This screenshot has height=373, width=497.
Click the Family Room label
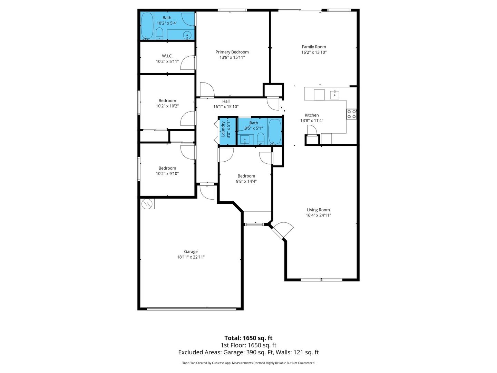point(314,47)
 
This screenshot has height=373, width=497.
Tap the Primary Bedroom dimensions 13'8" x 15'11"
point(232,58)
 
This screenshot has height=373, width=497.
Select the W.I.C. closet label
point(167,56)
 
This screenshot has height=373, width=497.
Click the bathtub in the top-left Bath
point(147,26)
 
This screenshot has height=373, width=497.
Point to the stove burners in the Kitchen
point(351,114)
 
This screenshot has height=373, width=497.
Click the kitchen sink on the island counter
point(334,95)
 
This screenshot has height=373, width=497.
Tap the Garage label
point(191,252)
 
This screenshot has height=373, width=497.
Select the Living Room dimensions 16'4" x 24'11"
point(318,215)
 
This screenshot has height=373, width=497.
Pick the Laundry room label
point(223,129)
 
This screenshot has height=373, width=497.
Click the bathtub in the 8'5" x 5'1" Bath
point(275,131)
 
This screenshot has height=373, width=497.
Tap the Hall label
point(226,101)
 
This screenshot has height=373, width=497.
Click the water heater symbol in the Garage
point(147,204)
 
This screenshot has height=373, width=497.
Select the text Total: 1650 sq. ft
point(248,338)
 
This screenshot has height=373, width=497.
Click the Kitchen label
point(312,115)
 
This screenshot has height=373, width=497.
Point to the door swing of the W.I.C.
point(188,62)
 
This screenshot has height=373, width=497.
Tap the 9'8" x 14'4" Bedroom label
point(246,176)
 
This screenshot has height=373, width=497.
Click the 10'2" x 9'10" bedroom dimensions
point(167,174)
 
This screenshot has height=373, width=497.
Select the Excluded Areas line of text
point(248,352)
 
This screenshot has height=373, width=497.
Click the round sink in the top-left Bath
point(187,35)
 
